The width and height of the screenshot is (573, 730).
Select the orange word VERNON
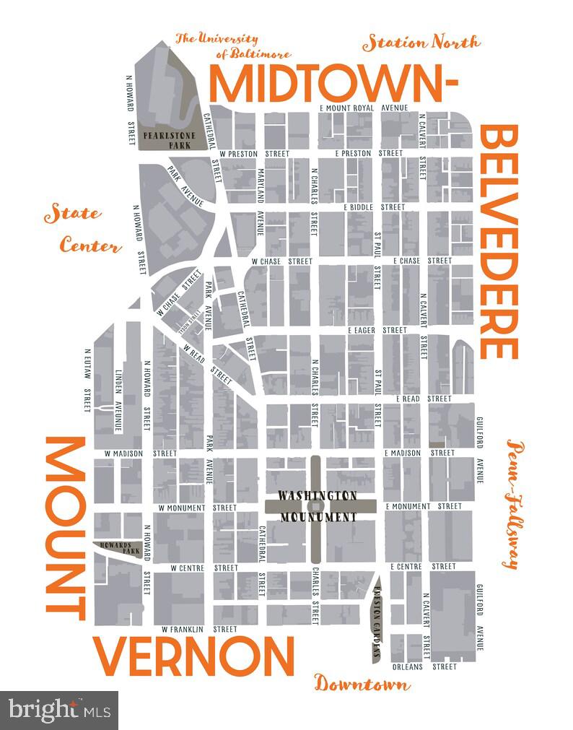pos(196,656)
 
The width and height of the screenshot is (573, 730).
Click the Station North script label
pos(421,43)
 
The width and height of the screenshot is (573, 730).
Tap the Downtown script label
pos(362,683)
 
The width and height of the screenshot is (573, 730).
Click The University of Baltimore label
pos(232,46)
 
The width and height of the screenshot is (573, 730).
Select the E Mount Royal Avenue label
pos(364,108)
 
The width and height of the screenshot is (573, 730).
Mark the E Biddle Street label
pos(374,207)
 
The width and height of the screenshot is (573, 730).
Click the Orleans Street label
pos(424,666)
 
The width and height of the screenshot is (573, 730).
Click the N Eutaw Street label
pos(87,381)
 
